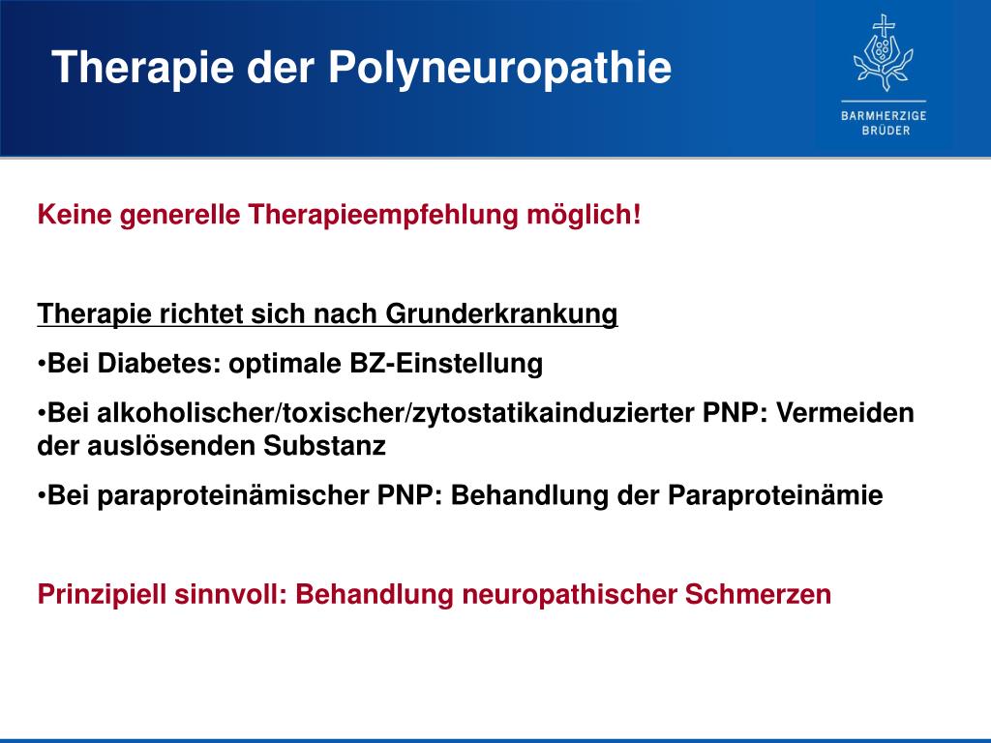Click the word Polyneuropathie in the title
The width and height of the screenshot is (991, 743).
tap(499, 68)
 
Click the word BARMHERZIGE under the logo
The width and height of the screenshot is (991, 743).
tap(883, 115)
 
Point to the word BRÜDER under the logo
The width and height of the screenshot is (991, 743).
tap(883, 131)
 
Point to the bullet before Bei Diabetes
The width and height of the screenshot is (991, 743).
tap(42, 365)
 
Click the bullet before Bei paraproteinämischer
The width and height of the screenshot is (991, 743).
tap(42, 496)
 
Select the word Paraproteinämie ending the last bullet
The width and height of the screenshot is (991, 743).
tap(775, 496)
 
